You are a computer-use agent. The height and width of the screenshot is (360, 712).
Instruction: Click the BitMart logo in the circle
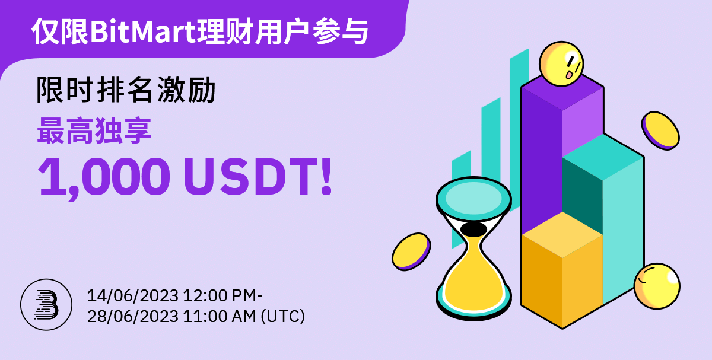[x=46, y=305]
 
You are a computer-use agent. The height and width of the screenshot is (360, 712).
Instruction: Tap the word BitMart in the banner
[x=143, y=32]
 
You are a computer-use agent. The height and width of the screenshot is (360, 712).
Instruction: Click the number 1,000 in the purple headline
[x=104, y=177]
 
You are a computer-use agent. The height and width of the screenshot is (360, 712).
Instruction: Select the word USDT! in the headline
[x=258, y=176]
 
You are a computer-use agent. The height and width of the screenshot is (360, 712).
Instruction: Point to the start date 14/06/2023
[x=132, y=295]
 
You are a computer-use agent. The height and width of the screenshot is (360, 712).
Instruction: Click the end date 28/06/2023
[x=132, y=317]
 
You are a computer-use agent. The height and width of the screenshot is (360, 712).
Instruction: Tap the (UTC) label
[x=282, y=317]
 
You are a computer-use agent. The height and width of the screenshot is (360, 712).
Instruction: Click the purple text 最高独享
[x=94, y=130]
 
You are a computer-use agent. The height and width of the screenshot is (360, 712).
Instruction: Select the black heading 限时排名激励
[x=126, y=90]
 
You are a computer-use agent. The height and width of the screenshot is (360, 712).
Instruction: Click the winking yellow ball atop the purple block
[x=561, y=64]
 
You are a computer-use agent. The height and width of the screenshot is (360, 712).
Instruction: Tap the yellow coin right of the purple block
[x=660, y=130]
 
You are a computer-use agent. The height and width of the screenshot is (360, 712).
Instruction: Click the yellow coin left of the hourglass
[x=411, y=251]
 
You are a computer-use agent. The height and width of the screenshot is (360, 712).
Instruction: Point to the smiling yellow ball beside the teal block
[x=657, y=286]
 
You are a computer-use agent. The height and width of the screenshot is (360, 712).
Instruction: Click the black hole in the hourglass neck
[x=473, y=229]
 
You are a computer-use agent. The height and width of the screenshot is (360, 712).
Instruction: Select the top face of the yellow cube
[x=562, y=234]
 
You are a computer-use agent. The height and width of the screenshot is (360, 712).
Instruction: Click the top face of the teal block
[x=603, y=157]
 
